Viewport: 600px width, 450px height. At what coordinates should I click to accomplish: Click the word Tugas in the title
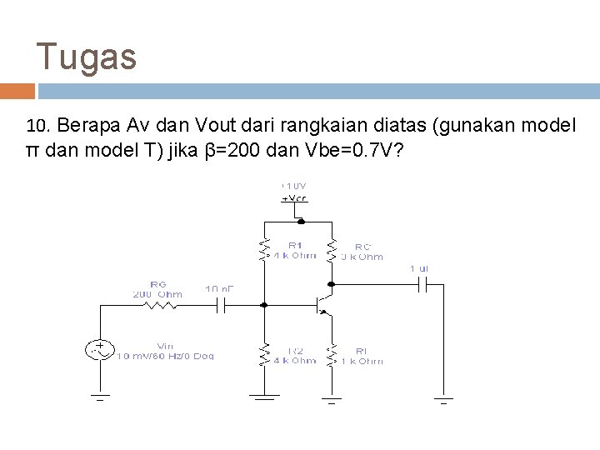pyautogui.click(x=87, y=57)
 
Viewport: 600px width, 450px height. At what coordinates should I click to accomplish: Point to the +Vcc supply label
pyautogui.click(x=295, y=198)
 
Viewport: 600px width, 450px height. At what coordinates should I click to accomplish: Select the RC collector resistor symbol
pyautogui.click(x=332, y=248)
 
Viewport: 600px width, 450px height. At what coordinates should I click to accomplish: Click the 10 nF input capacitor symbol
pyautogui.click(x=221, y=306)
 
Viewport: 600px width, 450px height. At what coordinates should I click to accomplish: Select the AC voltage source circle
pyautogui.click(x=100, y=350)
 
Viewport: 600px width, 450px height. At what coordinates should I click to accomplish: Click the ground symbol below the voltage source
pyautogui.click(x=100, y=397)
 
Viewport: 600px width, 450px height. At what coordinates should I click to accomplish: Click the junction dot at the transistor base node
pyautogui.click(x=265, y=306)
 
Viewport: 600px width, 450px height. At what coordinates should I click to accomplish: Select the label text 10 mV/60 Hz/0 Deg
pyautogui.click(x=167, y=356)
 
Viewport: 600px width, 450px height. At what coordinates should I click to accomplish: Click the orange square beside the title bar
pyautogui.click(x=17, y=91)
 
